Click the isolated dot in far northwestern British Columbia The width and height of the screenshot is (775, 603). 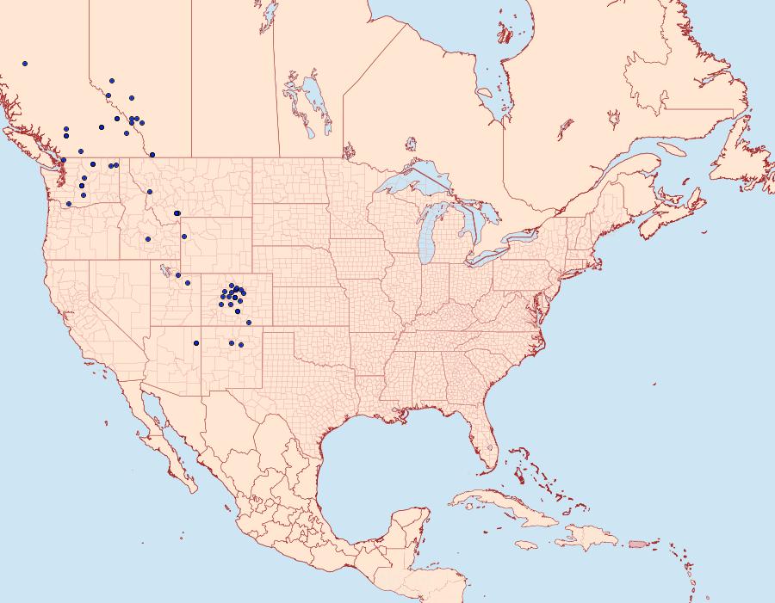point(25,64)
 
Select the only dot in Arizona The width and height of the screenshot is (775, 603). point(196,343)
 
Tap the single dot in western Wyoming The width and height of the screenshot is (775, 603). point(184,237)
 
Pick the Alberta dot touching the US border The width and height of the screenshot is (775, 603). point(152,155)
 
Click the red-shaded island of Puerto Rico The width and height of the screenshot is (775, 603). point(636,544)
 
